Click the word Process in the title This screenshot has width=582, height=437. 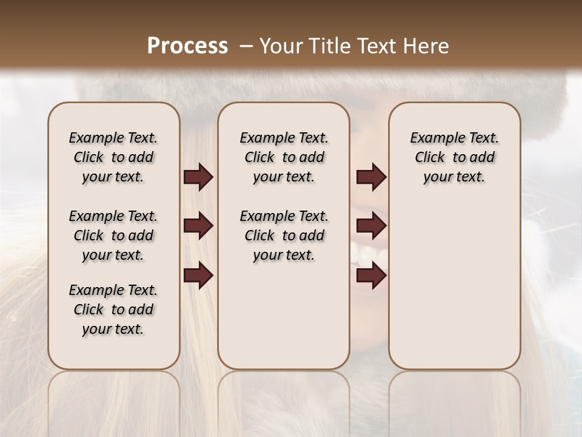[187, 46]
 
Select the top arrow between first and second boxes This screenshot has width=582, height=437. [198, 177]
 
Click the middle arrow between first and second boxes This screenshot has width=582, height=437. [198, 226]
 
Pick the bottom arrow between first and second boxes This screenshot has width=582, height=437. [198, 276]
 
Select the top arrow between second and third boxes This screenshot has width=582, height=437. [371, 177]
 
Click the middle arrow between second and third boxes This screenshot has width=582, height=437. [371, 226]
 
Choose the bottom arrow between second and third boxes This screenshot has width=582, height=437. [371, 276]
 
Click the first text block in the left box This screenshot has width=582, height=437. [113, 157]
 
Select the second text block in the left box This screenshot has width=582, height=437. [113, 235]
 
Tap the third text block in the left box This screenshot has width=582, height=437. [113, 310]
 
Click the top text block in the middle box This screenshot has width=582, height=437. [284, 157]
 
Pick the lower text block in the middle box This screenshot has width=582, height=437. [284, 235]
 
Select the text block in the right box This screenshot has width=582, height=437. [454, 157]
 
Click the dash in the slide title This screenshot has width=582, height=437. [246, 46]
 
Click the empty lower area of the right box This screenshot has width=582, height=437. [454, 285]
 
